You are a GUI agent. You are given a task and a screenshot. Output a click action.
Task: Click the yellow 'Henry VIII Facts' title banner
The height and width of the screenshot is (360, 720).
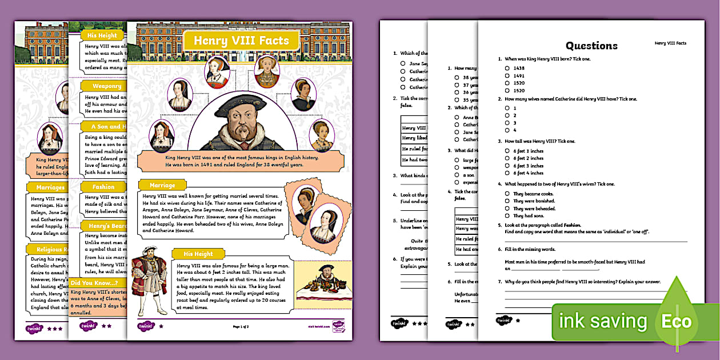(x=241, y=41)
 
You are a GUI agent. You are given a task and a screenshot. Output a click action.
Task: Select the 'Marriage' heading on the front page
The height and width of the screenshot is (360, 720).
(x=162, y=185)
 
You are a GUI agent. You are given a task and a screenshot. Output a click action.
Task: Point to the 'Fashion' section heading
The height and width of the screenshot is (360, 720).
(x=103, y=187)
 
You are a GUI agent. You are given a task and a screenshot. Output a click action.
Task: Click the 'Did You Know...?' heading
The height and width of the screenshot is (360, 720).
(x=95, y=282)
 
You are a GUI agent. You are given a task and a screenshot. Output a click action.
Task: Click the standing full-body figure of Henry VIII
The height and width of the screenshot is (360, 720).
(x=150, y=285)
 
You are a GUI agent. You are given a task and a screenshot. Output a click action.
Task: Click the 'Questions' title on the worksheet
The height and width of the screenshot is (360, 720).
(x=591, y=46)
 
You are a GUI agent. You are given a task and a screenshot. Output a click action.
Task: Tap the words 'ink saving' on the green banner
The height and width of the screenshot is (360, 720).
(x=603, y=321)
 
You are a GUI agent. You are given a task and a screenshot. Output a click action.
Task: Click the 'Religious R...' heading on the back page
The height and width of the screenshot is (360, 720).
(x=49, y=249)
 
